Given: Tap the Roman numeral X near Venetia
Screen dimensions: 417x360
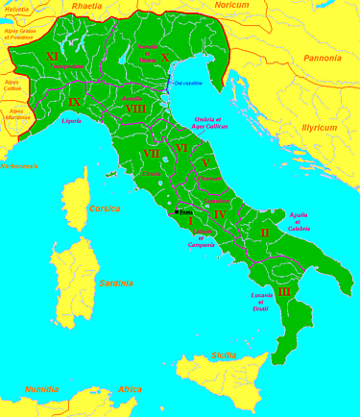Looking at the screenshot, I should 164,57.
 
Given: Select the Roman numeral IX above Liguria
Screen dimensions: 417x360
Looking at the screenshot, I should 74,100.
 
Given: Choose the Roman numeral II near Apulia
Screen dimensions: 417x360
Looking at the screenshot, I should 265,233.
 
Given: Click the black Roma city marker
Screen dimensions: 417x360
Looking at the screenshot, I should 178,209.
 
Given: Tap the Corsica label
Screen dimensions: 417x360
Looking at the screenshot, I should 104,208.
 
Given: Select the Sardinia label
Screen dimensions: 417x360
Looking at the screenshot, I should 115,283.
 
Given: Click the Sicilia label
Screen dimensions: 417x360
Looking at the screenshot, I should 224,356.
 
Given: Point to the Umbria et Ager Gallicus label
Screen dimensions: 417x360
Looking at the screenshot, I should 212,121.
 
